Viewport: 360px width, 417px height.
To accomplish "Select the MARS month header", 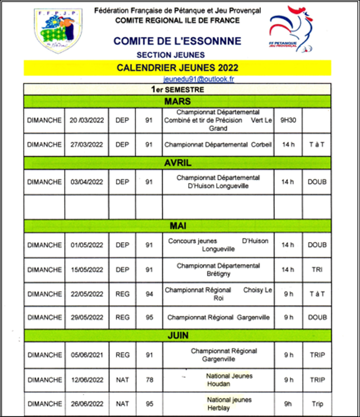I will (178, 101).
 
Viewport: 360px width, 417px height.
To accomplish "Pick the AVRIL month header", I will (178, 163).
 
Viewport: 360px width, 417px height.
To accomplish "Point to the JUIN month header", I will (178, 335).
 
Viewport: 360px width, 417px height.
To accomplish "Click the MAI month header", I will (178, 226).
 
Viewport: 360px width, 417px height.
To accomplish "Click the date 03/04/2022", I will (86, 182).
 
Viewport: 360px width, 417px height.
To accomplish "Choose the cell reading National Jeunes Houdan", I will (218, 379).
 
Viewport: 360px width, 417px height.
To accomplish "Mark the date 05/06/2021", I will (86, 355).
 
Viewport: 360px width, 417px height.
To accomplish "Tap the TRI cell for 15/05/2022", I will (317, 270).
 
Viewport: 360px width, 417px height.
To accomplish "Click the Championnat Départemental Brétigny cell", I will (218, 270).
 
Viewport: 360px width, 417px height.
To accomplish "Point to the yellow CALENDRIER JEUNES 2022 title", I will (178, 68).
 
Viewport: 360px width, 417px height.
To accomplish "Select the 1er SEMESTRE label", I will (178, 89).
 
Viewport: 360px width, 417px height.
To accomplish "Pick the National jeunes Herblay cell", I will (218, 404).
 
